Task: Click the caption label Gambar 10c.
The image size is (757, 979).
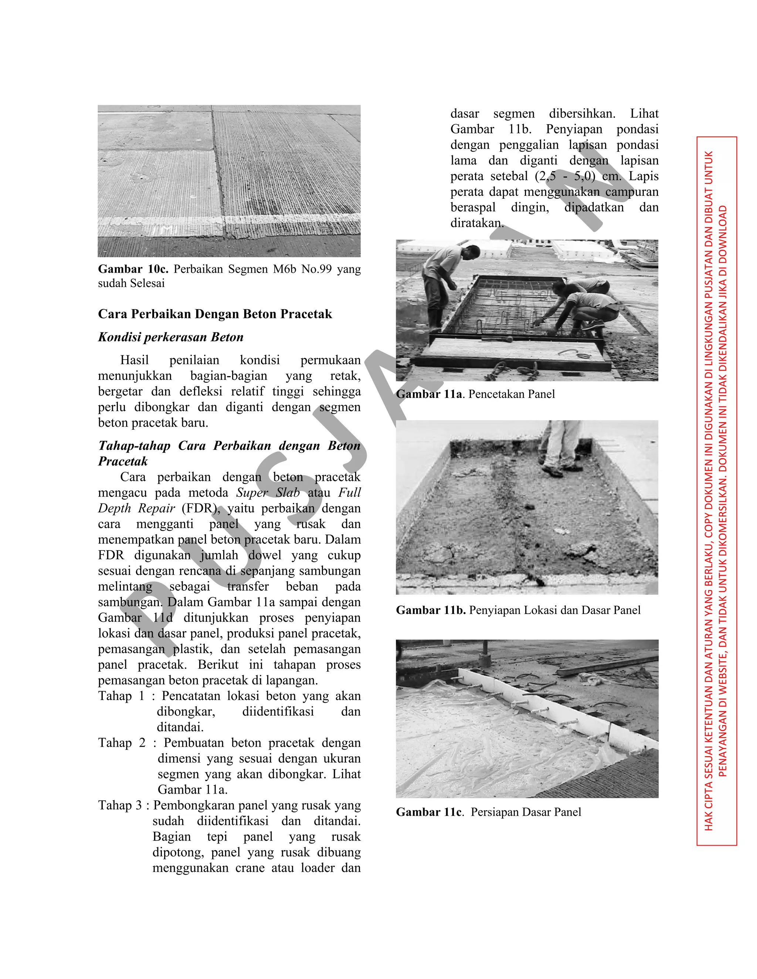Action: point(133,269)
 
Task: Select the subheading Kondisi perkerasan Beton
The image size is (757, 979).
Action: point(170,337)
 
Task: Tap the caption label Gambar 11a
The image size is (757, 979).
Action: point(429,394)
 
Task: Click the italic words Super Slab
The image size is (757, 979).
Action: point(268,492)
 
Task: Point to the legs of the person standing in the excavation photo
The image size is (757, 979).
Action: point(559,448)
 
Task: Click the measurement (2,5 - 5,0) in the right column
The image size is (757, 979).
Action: point(565,176)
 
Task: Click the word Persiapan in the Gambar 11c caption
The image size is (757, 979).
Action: point(497,812)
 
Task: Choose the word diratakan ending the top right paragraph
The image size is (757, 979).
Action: point(476,223)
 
